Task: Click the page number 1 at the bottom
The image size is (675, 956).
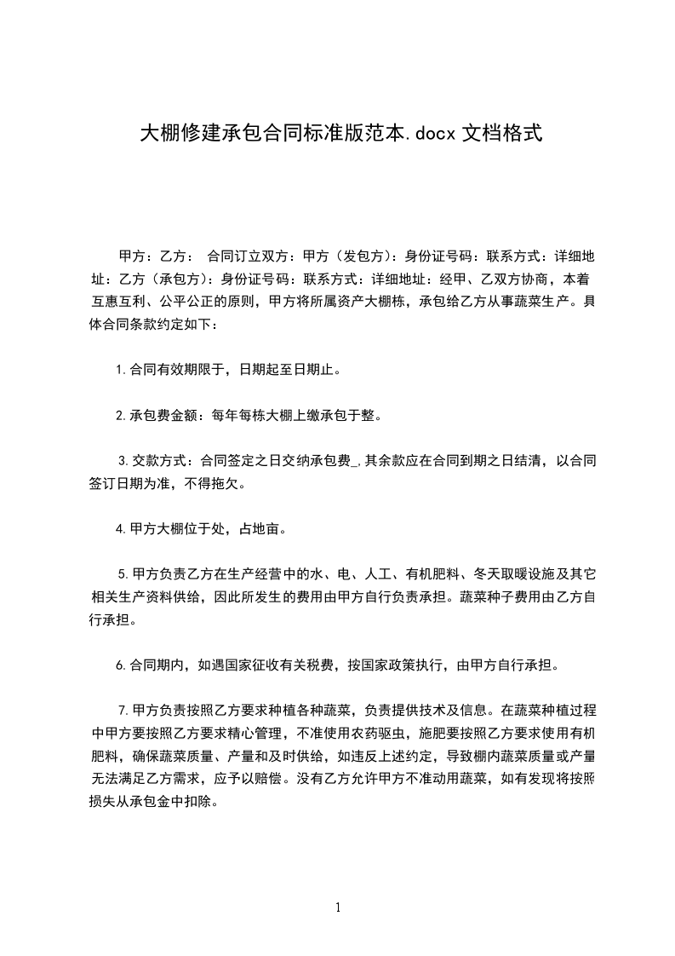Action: pyautogui.click(x=338, y=907)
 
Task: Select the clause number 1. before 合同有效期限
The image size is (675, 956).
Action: pyautogui.click(x=121, y=371)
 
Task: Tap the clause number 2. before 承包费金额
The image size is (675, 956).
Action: pyautogui.click(x=121, y=417)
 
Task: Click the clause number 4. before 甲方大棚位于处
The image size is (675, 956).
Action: pyautogui.click(x=121, y=528)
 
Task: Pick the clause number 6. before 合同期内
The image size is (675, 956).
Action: pyautogui.click(x=121, y=664)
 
